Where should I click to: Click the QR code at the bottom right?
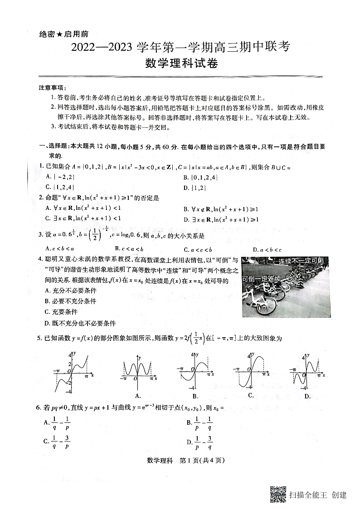click(277, 494)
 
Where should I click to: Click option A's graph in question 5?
click(136, 367)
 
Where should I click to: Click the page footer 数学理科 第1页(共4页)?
click(180, 461)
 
